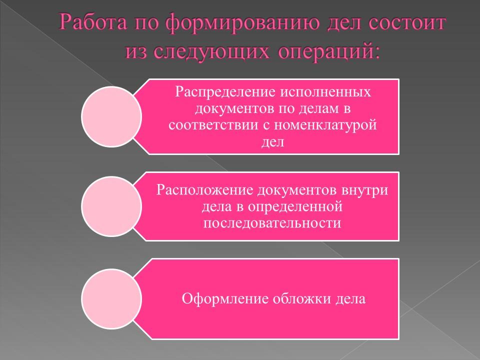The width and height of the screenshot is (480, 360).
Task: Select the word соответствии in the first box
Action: pyautogui.click(x=212, y=125)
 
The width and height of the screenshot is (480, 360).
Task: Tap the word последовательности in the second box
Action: pyautogui.click(x=272, y=222)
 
